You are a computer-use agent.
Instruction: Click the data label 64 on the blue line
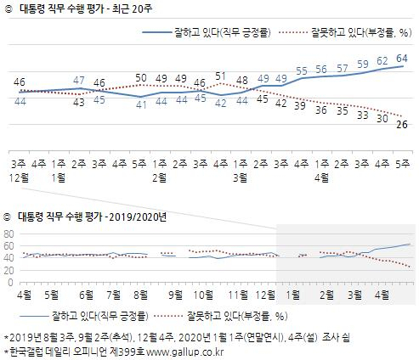pyautogui.click(x=402, y=57)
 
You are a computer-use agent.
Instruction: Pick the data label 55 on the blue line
pyautogui.click(x=301, y=70)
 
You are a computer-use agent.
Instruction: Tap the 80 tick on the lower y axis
pyautogui.click(x=8, y=233)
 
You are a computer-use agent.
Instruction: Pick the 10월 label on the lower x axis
pyautogui.click(x=204, y=295)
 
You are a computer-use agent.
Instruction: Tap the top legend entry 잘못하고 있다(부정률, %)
pyautogui.click(x=357, y=33)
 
